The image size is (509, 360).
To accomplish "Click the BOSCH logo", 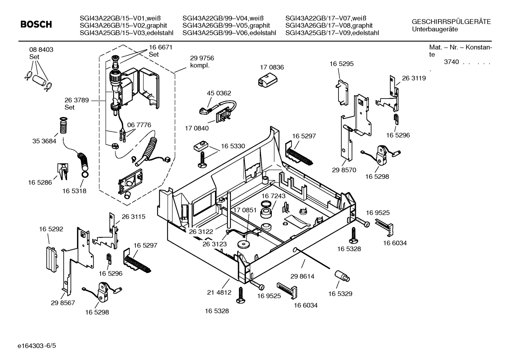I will coord(36,24).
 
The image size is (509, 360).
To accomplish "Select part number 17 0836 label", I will coord(271,67).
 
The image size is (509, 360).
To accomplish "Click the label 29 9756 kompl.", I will coord(202,61).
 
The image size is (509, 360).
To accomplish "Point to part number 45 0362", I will coord(218,93).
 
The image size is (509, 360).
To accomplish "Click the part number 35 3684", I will coord(44,141).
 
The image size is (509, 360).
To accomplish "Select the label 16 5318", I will coord(74,191).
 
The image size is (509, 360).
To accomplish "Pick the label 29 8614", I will coord(302,276).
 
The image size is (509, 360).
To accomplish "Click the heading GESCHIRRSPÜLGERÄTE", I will coord(451,22).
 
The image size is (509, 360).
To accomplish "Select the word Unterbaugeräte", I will coord(435,29).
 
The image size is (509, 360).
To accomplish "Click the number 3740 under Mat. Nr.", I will coord(451,62).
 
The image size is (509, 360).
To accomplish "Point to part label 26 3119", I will coord(414,78).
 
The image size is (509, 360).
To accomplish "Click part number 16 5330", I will coord(233,146).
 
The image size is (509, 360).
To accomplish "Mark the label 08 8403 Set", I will coord(41,53).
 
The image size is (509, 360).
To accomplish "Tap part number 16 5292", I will coord(51,229).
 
